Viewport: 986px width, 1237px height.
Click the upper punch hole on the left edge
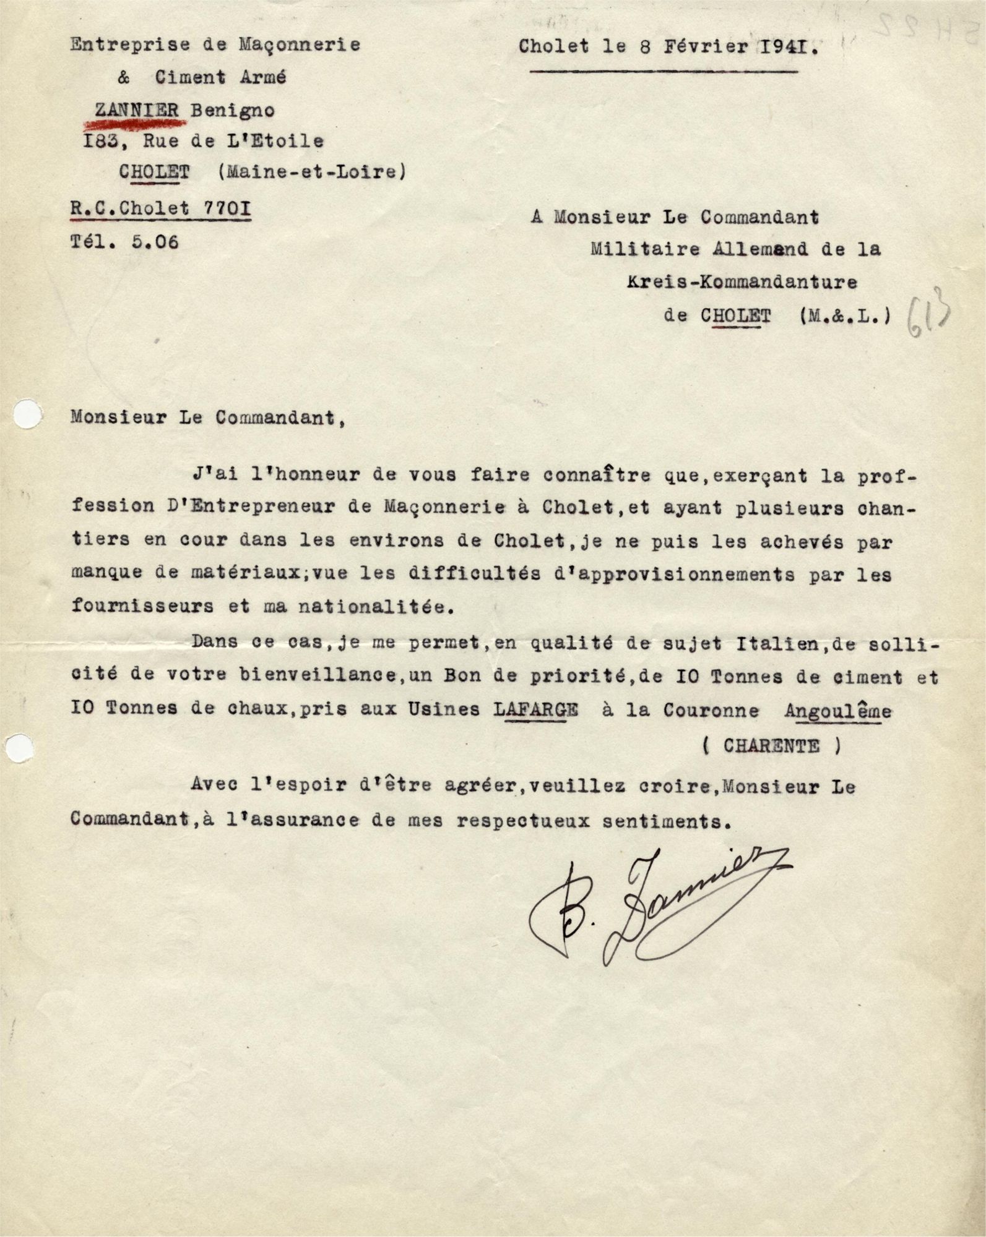tap(27, 413)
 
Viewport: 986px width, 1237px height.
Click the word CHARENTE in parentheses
tap(771, 746)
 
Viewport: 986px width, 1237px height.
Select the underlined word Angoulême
tap(837, 711)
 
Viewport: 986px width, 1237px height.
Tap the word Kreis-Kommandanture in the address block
tap(742, 282)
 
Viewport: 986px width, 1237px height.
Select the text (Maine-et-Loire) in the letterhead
tap(312, 171)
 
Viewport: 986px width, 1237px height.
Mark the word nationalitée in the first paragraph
tap(376, 606)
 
